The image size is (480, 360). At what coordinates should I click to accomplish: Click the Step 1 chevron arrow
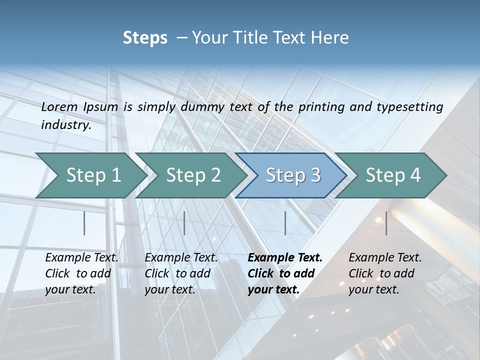(93, 175)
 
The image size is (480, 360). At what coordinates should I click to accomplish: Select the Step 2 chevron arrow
(193, 175)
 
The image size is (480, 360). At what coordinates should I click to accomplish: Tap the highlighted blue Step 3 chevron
(293, 175)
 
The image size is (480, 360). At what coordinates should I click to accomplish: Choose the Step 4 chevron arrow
(393, 175)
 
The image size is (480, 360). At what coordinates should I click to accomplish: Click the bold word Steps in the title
(145, 38)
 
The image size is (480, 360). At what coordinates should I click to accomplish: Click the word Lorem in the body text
(59, 106)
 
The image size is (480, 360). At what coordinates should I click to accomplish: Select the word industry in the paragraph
(65, 125)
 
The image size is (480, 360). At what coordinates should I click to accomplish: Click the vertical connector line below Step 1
(84, 223)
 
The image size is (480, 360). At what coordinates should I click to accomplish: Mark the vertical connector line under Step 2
(184, 223)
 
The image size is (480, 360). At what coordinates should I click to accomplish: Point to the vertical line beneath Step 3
(285, 223)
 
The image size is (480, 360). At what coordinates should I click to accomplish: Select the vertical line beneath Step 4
(386, 223)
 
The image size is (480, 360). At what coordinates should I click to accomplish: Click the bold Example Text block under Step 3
(284, 273)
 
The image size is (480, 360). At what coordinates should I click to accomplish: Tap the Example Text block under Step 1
(81, 273)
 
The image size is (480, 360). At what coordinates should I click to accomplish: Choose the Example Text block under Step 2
(180, 273)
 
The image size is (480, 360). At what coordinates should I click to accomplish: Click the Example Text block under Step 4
(384, 273)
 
